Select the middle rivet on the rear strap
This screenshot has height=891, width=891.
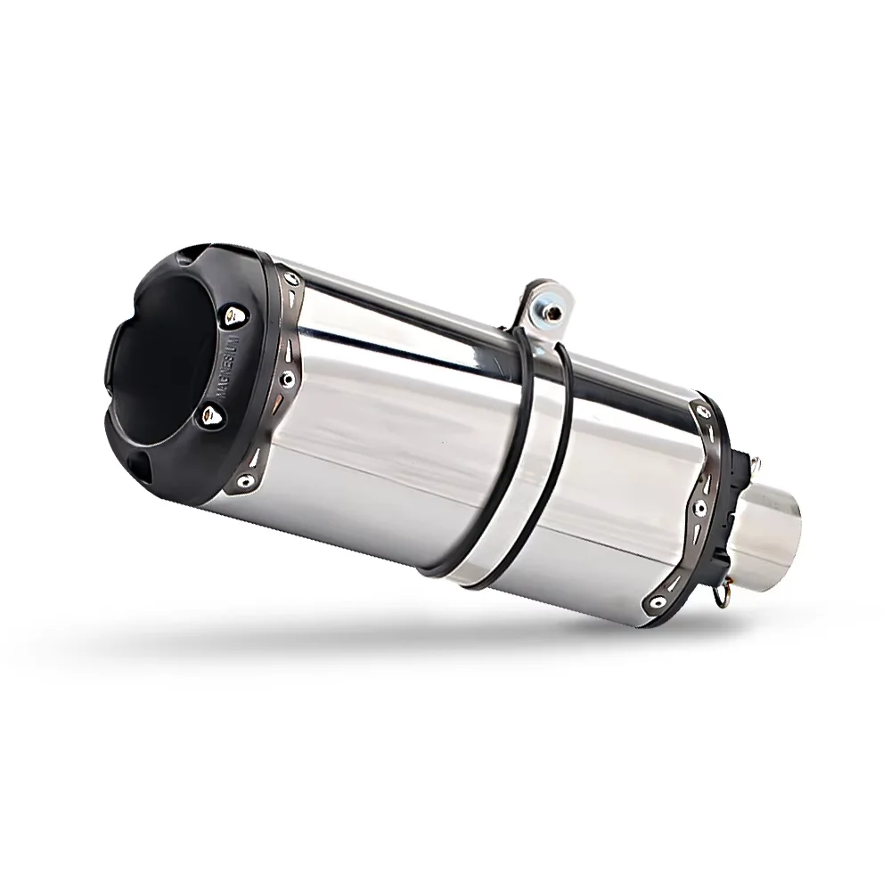pyautogui.click(x=701, y=507)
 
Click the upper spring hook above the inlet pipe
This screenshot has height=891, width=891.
pyautogui.click(x=755, y=464)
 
